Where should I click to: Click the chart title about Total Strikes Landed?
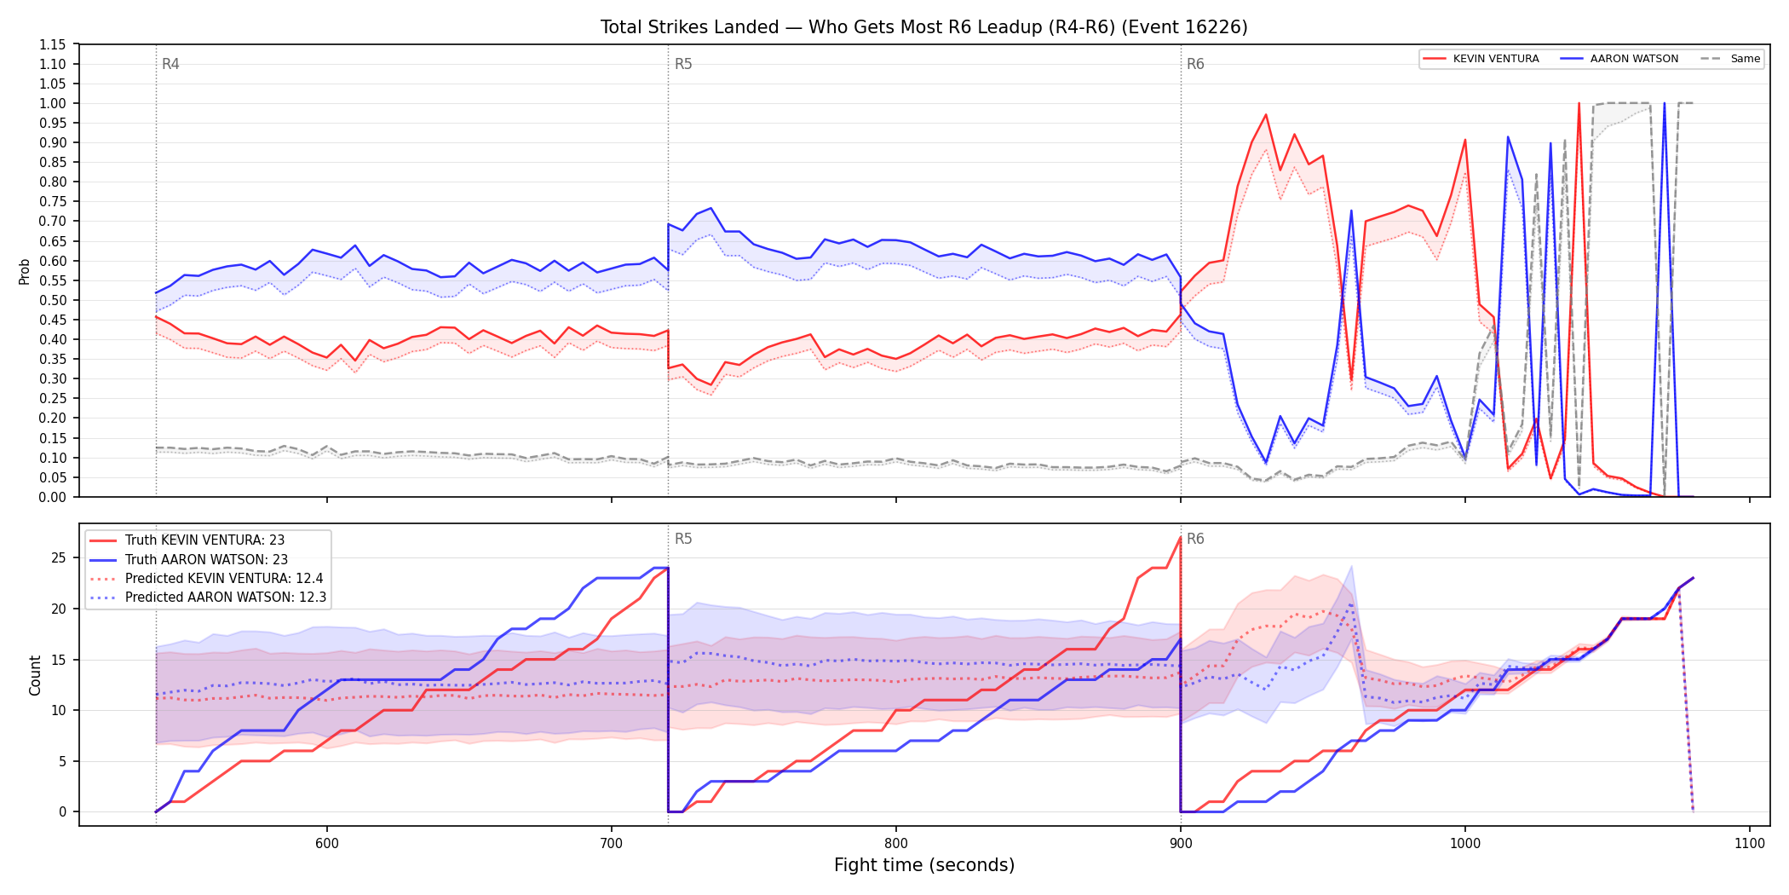coord(923,27)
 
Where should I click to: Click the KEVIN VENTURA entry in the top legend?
coord(1496,59)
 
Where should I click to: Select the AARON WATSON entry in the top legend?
coord(1634,59)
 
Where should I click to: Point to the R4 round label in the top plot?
coord(170,64)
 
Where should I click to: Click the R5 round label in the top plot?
coord(683,64)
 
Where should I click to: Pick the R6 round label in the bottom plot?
coord(1195,539)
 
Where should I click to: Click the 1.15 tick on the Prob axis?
coord(53,44)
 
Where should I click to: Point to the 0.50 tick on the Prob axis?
coord(53,300)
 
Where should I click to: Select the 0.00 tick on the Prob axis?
coord(53,497)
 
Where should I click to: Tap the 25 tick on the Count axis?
coord(59,558)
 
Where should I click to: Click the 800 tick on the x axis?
coord(896,843)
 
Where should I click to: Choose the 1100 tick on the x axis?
coord(1750,843)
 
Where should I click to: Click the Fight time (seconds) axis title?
coord(924,865)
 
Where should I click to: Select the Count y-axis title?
coord(35,675)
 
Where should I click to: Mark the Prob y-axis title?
coord(25,271)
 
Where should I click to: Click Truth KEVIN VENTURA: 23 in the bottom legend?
coord(204,540)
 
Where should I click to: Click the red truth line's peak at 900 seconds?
coord(1180,538)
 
